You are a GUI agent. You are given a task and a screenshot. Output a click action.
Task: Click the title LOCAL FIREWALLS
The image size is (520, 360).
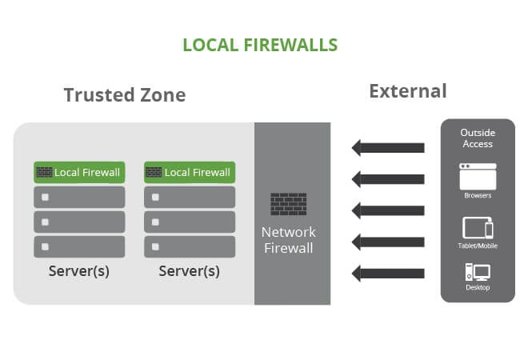click(x=260, y=44)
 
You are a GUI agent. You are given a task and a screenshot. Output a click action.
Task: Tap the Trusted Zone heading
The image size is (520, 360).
click(x=125, y=95)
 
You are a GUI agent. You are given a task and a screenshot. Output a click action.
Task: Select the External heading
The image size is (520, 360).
click(x=407, y=91)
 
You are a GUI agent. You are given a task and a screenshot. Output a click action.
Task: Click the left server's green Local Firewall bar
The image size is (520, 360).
click(x=79, y=172)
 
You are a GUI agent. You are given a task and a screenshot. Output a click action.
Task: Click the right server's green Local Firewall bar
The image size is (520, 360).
click(x=190, y=172)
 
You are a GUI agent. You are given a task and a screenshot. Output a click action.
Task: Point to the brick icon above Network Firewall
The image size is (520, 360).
click(x=289, y=204)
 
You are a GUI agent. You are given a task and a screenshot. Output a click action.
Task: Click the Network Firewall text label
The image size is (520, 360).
click(x=289, y=240)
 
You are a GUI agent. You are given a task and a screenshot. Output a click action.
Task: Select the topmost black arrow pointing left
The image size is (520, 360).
click(x=388, y=148)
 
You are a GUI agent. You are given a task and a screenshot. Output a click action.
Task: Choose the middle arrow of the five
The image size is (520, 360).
click(x=388, y=210)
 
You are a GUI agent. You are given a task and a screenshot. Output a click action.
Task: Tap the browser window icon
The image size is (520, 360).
click(x=478, y=176)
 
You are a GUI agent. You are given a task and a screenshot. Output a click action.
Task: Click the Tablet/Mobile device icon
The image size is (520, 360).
click(x=478, y=228)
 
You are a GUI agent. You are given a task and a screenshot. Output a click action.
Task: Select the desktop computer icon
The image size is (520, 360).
click(x=478, y=272)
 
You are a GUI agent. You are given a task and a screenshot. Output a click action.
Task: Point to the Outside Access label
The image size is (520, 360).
click(x=478, y=138)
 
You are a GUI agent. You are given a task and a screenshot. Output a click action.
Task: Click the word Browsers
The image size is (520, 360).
click(x=478, y=195)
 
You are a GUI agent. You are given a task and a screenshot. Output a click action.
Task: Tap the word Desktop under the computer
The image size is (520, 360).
click(x=478, y=287)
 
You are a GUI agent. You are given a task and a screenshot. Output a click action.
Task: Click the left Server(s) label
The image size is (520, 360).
click(x=79, y=271)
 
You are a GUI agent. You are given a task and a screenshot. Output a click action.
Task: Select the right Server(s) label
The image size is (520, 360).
click(x=190, y=271)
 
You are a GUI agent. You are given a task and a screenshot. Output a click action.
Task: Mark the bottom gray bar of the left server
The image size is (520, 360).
click(x=79, y=246)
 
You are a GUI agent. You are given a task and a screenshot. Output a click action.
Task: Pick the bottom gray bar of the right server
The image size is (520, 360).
click(x=190, y=246)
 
